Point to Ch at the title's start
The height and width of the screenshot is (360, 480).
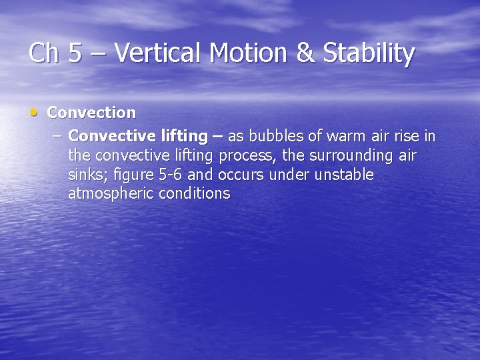coord(42,53)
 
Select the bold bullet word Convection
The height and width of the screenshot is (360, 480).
coord(91,112)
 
